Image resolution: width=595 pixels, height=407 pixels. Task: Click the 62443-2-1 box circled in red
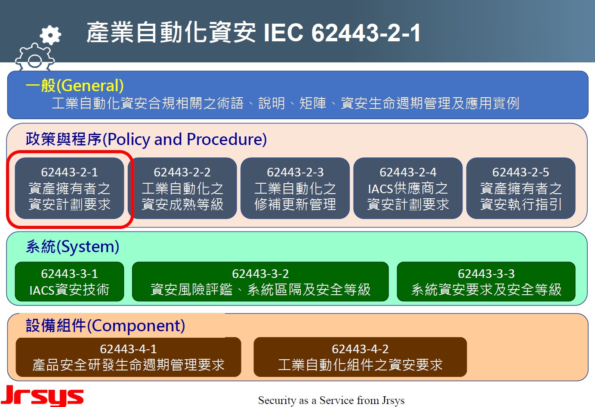(x=69, y=188)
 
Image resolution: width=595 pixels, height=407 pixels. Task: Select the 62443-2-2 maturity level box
(x=182, y=188)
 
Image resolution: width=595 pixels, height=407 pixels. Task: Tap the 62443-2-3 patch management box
(x=295, y=188)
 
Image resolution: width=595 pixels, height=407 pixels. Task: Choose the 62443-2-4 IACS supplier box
(x=408, y=188)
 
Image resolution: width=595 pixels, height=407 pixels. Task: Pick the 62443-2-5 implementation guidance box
(x=521, y=188)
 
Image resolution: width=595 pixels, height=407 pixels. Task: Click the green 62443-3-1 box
(x=69, y=282)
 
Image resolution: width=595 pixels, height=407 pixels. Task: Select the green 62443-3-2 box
(x=260, y=282)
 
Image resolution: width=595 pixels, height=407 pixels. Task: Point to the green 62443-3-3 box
(x=486, y=282)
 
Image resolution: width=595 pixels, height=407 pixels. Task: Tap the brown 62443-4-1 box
(x=129, y=357)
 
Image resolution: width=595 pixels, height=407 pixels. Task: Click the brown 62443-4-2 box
(x=360, y=357)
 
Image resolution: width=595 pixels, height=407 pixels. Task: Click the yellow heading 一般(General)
(x=74, y=86)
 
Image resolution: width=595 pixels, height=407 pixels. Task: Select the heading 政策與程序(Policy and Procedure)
(x=146, y=139)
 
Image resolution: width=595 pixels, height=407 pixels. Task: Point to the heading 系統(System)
(x=73, y=247)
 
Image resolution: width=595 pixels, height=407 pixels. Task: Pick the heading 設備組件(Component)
(x=105, y=325)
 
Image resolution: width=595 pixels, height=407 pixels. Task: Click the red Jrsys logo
(x=42, y=396)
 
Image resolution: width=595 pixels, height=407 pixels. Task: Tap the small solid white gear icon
(x=50, y=35)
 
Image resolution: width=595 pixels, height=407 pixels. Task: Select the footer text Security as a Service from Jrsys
(x=331, y=400)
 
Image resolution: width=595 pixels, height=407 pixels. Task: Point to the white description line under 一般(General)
(x=285, y=103)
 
